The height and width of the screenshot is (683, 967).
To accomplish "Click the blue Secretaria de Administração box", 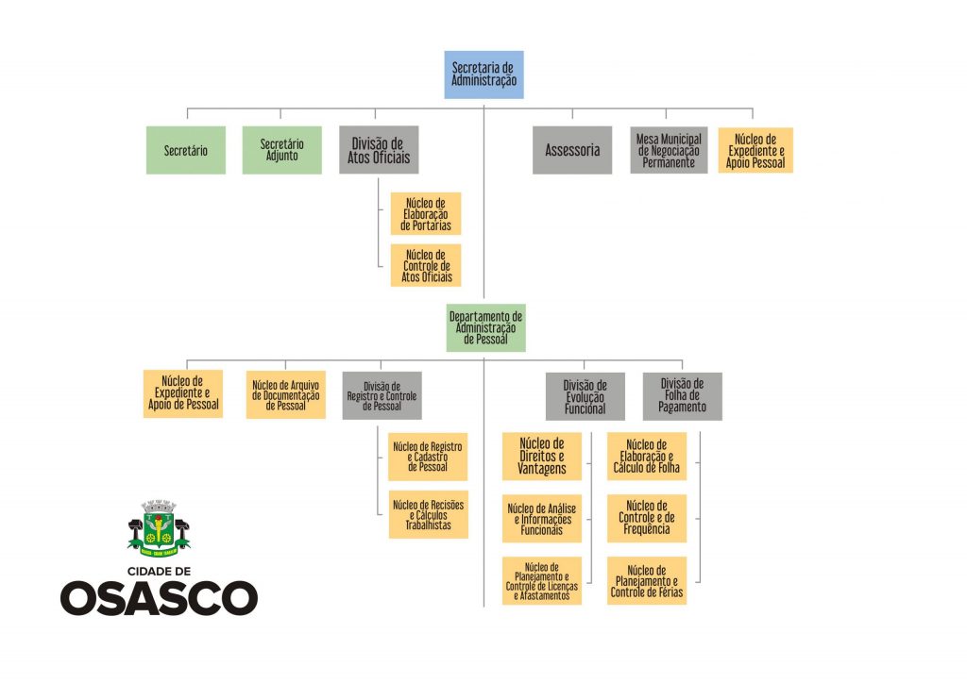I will point(483,75).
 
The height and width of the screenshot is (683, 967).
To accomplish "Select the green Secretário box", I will point(186,150).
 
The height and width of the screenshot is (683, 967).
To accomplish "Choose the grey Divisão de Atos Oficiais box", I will point(379,150).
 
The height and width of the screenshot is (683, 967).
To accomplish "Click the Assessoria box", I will point(571,150).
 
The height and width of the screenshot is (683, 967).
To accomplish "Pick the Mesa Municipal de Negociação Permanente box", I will point(669,150).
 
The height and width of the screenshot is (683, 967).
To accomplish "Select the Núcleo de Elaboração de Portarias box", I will point(426,214).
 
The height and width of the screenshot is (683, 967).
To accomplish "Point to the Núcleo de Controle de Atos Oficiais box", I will point(426,265).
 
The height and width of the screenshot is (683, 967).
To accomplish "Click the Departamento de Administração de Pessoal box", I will point(485,327).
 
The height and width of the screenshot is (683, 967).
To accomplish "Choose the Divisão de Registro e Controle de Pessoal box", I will point(382,394).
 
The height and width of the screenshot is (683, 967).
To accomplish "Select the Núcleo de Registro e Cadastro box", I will point(428,457).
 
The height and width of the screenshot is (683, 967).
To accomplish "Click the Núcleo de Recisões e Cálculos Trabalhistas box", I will point(428,514).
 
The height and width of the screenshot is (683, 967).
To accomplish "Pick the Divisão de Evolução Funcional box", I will point(585,396).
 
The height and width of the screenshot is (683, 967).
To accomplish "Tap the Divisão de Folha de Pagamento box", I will point(682,396).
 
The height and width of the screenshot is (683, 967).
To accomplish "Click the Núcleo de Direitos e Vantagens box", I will point(541,457).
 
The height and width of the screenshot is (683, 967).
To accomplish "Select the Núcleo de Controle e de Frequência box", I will point(647,518).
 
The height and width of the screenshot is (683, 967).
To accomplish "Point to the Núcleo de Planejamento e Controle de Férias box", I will point(647,581).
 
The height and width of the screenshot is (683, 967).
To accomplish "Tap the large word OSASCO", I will point(160,598).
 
